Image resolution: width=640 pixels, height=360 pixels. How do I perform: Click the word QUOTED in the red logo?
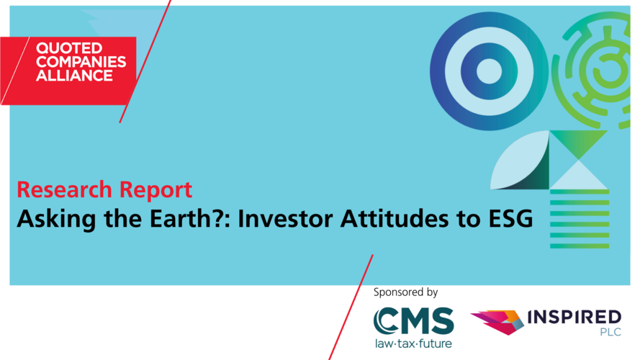69,48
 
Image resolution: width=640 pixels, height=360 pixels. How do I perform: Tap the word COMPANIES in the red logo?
81,62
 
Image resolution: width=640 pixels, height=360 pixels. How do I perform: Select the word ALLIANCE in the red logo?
74,76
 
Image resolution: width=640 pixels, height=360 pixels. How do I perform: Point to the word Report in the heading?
156,191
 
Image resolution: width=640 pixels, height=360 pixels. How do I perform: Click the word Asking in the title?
56,219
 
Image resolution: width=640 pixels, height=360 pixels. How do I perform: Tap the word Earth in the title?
179,218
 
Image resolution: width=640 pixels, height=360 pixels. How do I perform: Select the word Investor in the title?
285,218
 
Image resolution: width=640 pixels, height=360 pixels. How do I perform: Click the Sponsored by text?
405,292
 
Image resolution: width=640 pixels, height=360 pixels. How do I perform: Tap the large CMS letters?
413,321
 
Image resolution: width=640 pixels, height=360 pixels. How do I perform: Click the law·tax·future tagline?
413,343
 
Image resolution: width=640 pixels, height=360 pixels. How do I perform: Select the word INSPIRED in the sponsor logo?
574,317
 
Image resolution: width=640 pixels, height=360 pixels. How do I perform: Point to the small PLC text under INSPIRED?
610,332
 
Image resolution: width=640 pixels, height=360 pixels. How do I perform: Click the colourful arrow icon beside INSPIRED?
497,322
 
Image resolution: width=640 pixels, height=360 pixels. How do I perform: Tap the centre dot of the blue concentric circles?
489,71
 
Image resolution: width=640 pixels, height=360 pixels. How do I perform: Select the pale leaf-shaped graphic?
520,161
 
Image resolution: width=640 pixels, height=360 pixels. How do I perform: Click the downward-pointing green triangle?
578,143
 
